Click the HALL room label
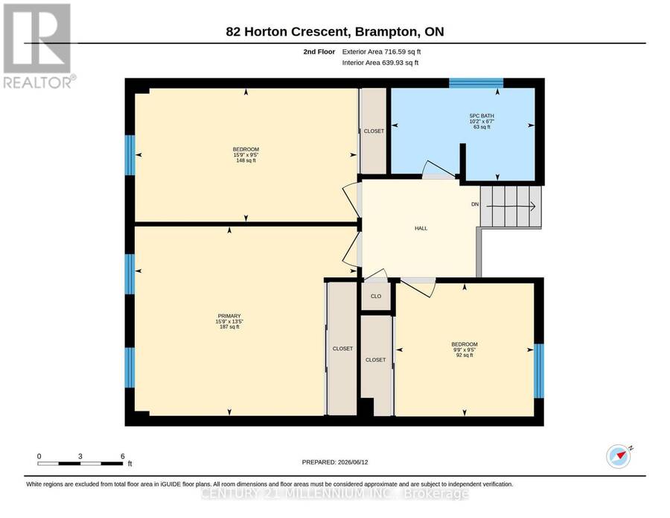point(421,228)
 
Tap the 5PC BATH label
point(482,116)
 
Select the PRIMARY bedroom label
point(229,316)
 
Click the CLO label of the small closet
point(376,296)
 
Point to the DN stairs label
point(475,204)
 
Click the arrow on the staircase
point(511,206)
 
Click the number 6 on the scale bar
point(123,456)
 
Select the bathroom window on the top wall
point(476,83)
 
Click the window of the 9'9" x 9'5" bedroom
point(539,371)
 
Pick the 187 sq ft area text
point(229,326)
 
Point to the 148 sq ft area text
point(246,160)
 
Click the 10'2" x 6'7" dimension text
point(482,121)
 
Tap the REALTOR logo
point(39,45)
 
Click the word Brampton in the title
point(386,31)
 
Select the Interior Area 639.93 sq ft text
point(380,63)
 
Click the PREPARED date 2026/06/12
point(353,462)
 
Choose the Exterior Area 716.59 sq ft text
point(382,51)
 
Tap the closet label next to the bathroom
point(374,131)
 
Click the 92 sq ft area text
point(465,355)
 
